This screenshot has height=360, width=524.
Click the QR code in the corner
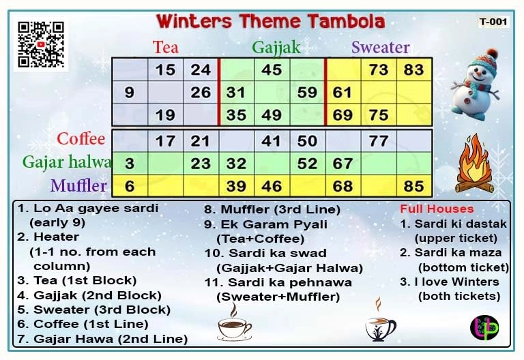coord(40,44)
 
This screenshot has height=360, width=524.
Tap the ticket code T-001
coord(493,21)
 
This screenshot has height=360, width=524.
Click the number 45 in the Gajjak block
coord(272,70)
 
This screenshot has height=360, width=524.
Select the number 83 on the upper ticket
coord(413,70)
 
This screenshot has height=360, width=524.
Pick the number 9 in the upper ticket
coord(130,92)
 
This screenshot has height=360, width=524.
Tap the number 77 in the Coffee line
coord(378,141)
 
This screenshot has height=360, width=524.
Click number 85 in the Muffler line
coord(413,185)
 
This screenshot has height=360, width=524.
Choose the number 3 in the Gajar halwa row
coord(130,164)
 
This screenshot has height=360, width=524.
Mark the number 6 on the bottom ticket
coord(130,185)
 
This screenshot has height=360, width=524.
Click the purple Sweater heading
coord(380,47)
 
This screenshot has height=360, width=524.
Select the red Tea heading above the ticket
coord(166,47)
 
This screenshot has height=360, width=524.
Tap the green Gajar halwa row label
coord(67,162)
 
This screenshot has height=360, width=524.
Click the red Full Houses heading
coord(436,209)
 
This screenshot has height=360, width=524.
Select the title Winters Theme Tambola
coord(270,21)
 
